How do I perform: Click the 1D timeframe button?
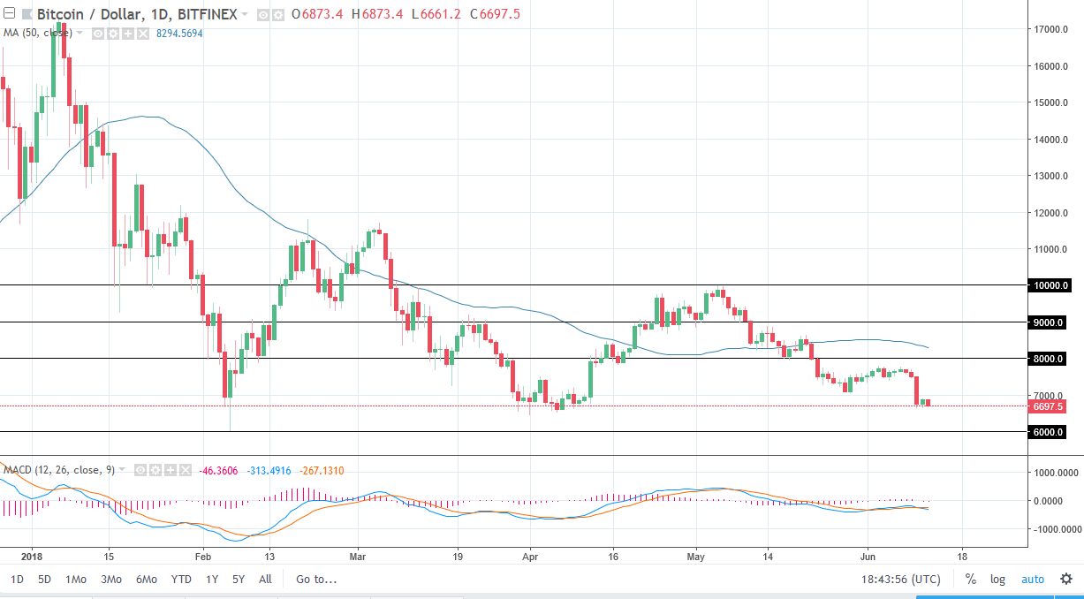click(x=18, y=580)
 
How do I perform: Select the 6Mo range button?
click(x=147, y=580)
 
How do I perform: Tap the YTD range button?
click(x=181, y=580)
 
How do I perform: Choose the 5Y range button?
click(x=239, y=580)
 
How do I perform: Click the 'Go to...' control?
click(x=316, y=580)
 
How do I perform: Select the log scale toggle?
click(x=997, y=580)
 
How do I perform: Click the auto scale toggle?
click(x=1032, y=580)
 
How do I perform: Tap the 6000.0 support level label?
click(x=1049, y=432)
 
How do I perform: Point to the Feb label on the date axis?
click(x=202, y=557)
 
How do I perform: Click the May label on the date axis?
click(x=696, y=557)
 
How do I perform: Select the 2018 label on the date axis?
click(x=31, y=557)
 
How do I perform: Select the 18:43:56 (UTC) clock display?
click(x=900, y=580)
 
